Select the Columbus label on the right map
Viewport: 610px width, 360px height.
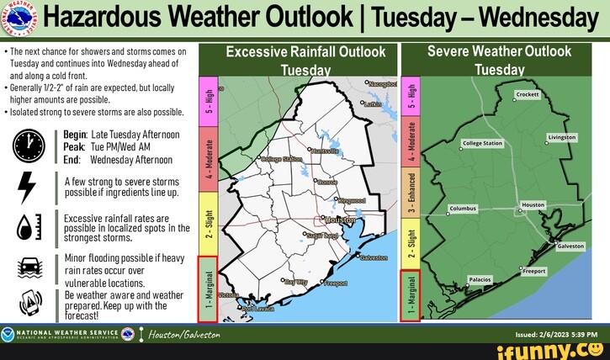click(463, 208)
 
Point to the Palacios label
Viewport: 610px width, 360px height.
click(479, 279)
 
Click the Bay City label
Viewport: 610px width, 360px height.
click(296, 283)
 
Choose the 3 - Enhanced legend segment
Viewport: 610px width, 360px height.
click(411, 193)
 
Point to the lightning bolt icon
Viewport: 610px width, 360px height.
click(27, 188)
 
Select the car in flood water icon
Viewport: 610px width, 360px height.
click(27, 268)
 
